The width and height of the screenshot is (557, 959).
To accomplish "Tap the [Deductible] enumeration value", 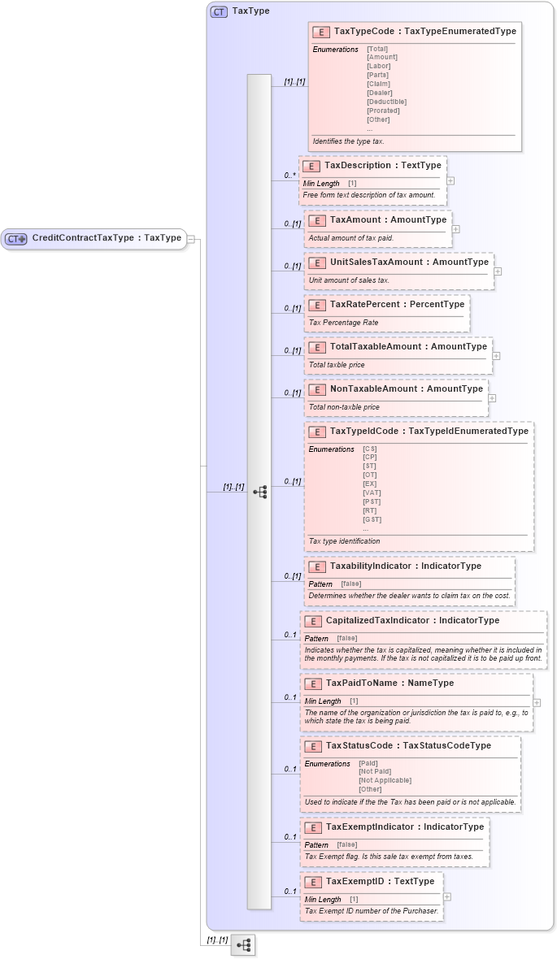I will pyautogui.click(x=386, y=102).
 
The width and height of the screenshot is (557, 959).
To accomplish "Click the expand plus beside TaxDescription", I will pyautogui.click(x=450, y=181).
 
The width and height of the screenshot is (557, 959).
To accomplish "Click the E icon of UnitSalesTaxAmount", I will pyautogui.click(x=316, y=263).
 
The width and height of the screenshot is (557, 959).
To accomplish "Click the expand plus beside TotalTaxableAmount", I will pyautogui.click(x=496, y=355).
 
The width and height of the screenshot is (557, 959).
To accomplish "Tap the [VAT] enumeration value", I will pyautogui.click(x=372, y=493).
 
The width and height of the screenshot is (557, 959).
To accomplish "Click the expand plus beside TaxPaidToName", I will pyautogui.click(x=537, y=701).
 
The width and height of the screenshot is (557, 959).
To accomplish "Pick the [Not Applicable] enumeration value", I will pyautogui.click(x=385, y=780).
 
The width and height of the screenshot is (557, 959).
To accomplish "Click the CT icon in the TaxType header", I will pyautogui.click(x=219, y=11).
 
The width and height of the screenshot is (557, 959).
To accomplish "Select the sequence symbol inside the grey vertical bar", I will pyautogui.click(x=259, y=492).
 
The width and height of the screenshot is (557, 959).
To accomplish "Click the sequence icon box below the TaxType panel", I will pyautogui.click(x=243, y=944).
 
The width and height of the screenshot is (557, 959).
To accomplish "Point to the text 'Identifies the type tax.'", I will pyautogui.click(x=348, y=141).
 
